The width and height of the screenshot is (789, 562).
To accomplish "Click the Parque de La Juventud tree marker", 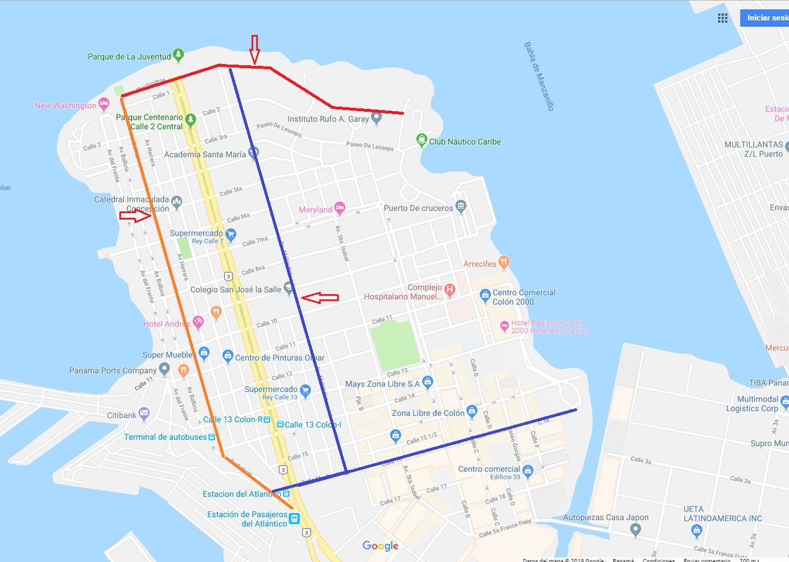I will [x=179, y=54].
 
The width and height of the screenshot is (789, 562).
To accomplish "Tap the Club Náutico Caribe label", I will [x=465, y=142].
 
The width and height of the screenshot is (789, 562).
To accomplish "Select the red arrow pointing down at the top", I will [x=255, y=47].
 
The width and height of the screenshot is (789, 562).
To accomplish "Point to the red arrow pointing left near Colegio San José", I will [x=320, y=299].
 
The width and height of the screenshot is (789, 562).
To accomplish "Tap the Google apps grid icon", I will [x=722, y=18].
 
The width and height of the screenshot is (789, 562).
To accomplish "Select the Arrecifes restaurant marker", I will [x=504, y=263].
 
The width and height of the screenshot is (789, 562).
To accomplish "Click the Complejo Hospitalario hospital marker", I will [x=450, y=289].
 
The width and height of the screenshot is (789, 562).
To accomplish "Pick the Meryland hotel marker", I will [x=340, y=208].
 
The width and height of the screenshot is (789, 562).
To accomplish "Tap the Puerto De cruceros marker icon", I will [x=460, y=206].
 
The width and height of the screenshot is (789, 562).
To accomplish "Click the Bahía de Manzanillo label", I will [x=538, y=76].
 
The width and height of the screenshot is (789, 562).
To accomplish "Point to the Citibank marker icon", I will [x=144, y=414].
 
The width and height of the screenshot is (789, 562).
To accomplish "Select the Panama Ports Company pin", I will [x=164, y=369].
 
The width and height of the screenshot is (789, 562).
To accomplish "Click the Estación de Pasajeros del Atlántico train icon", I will [x=294, y=519].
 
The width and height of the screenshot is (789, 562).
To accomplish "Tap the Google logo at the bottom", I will [x=380, y=546].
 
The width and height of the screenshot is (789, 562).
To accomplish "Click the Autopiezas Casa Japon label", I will [x=608, y=518].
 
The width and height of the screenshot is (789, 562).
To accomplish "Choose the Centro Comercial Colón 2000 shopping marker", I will [x=484, y=296].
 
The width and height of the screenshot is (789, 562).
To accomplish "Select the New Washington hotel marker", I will [x=104, y=105].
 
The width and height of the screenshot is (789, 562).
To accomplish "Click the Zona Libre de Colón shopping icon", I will [x=471, y=410].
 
